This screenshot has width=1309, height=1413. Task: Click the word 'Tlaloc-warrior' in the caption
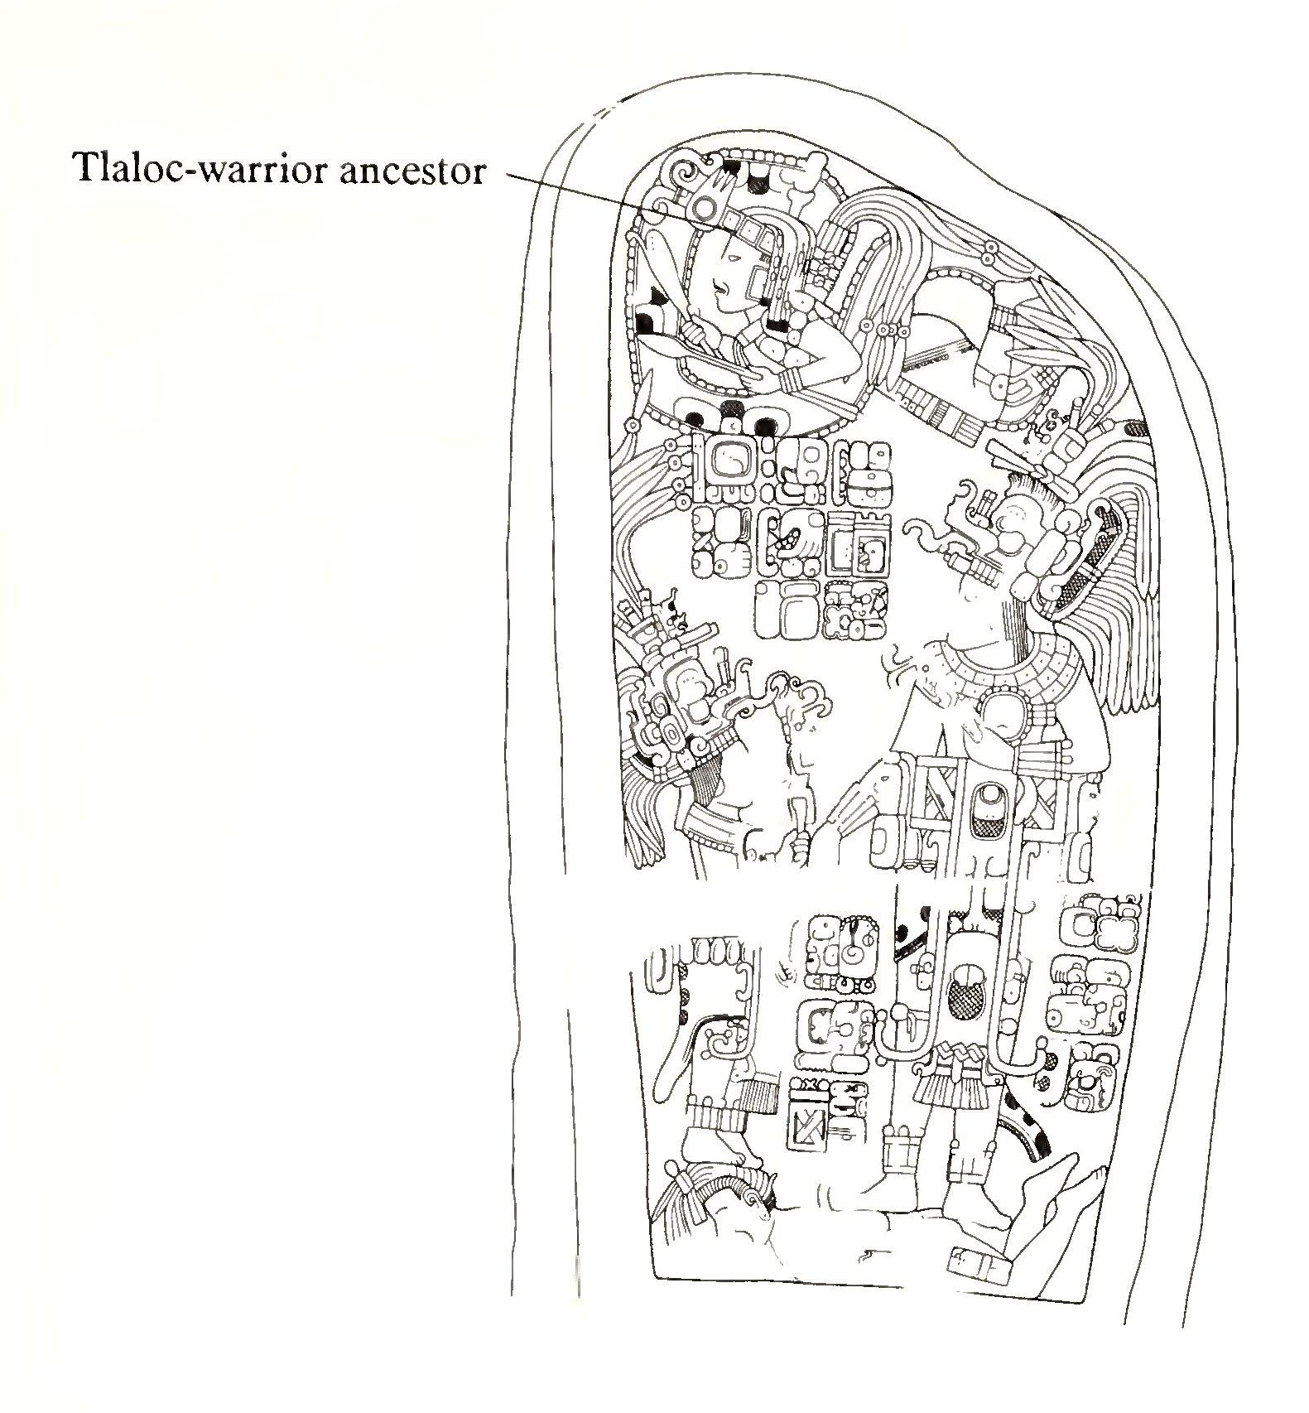click(204, 169)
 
